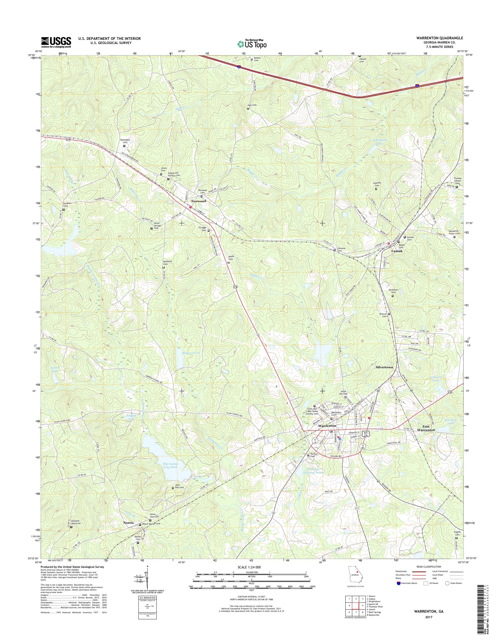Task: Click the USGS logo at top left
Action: click(x=56, y=42)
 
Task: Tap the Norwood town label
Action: click(x=198, y=201)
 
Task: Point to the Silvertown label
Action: click(x=384, y=367)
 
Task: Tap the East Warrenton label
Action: click(x=426, y=428)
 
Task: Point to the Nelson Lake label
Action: click(x=55, y=369)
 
